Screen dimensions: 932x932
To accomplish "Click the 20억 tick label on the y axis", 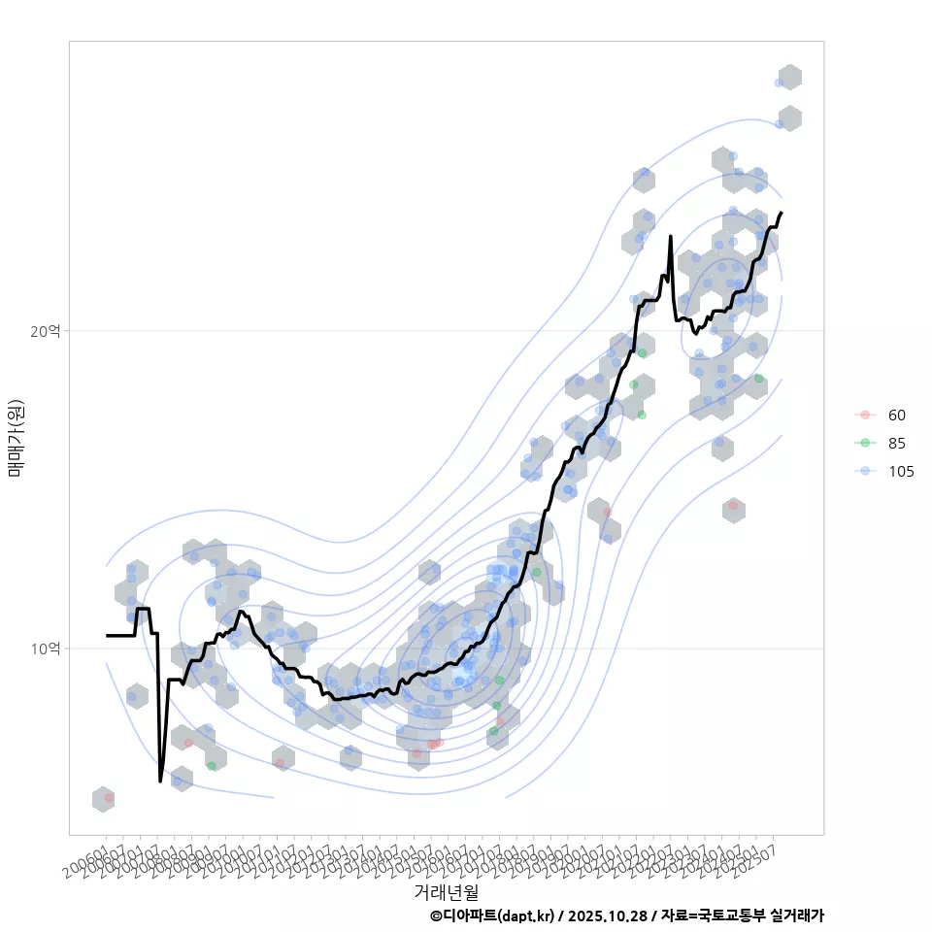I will coord(46,331).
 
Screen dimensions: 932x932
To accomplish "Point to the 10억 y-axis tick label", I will coord(46,648).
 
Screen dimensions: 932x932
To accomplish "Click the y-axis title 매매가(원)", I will coord(17,438).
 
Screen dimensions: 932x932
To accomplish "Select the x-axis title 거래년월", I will coord(446,891).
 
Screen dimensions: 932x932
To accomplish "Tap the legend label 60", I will coord(897,416).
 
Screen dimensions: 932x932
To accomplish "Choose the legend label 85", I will coord(897,444).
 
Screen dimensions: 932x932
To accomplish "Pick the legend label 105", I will coord(901,472).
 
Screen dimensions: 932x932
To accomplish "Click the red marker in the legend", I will coord(865,416).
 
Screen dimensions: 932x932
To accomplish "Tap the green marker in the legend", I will coord(865,444).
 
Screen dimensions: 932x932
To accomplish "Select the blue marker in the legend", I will coord(865,472).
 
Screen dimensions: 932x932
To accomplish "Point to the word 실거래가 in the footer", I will coord(796,915).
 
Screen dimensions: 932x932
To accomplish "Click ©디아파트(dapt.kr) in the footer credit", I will coord(493,915).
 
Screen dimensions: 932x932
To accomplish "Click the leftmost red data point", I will coord(109,798).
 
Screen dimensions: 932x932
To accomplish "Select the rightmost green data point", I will coord(758,379).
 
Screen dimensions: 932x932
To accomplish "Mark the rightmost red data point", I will coord(734,506).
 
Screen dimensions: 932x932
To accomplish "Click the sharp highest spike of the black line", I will coord(670,236).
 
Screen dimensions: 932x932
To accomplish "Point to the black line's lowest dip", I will coord(160,781).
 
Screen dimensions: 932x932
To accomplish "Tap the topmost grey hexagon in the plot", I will coord(790,78).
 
